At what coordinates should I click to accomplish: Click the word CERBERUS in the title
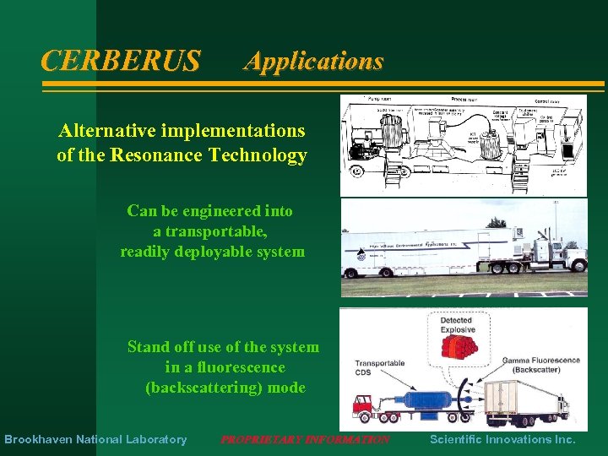[x=121, y=61]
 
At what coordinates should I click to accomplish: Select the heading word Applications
[x=313, y=61]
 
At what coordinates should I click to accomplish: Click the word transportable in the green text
[x=213, y=231]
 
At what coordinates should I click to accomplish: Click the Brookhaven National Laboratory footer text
[x=95, y=439]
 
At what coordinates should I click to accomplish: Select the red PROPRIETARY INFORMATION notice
[x=305, y=439]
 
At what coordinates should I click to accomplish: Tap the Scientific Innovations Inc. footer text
[x=502, y=439]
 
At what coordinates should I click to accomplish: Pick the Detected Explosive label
[x=457, y=325]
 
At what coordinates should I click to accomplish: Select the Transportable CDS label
[x=380, y=369]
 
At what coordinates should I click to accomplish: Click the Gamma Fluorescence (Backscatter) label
[x=540, y=365]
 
